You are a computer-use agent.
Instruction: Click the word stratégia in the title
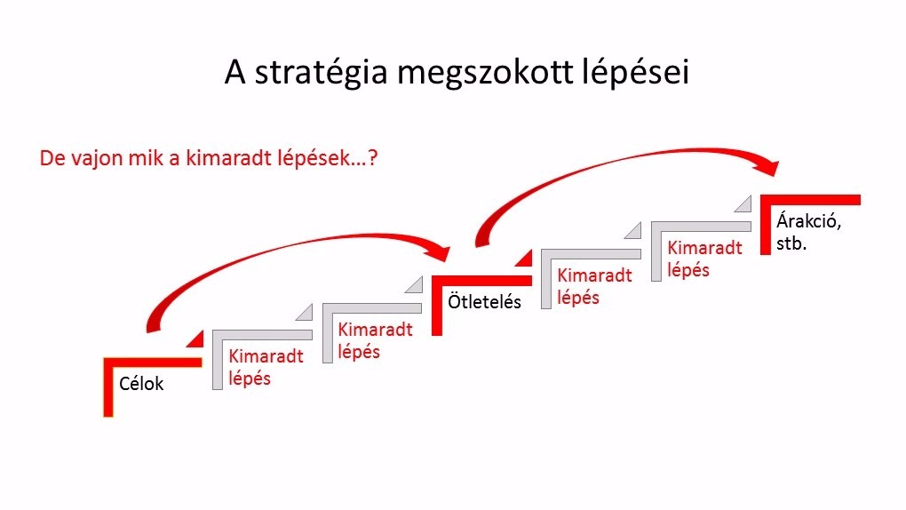click(321, 73)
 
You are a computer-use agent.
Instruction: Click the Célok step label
click(141, 383)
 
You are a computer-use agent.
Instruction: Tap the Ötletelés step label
click(484, 301)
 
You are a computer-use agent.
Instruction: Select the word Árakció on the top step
click(808, 221)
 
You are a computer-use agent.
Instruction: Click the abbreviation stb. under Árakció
click(791, 243)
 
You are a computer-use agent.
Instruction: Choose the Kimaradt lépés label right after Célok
click(266, 367)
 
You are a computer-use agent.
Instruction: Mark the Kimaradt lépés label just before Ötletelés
click(375, 340)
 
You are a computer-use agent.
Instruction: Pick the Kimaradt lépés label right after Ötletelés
click(594, 286)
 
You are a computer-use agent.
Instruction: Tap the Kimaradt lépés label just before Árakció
click(704, 259)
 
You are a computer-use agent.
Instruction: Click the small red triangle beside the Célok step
click(197, 340)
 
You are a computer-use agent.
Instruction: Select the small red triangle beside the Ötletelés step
click(525, 259)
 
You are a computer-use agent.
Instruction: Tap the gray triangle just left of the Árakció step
click(745, 205)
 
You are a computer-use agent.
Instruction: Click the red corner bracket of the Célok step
click(108, 387)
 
